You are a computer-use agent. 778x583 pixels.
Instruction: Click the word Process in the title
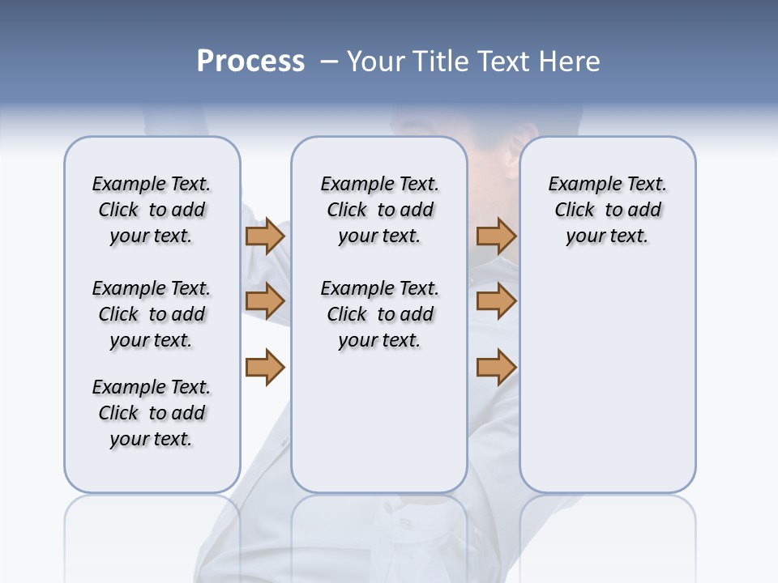250,62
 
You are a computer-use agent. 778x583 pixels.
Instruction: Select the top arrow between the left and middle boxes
265,236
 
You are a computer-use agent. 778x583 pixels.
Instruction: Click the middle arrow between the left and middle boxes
265,301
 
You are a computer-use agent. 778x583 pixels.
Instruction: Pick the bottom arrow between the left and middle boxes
265,368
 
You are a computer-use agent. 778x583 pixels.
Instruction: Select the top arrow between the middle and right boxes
496,236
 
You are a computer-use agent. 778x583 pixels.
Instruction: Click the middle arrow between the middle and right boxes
496,301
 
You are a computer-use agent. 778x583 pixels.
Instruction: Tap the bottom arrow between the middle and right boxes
496,368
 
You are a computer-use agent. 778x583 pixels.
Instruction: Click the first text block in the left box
152,210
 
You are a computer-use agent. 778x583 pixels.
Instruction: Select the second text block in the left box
152,314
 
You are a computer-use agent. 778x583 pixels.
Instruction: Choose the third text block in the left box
152,413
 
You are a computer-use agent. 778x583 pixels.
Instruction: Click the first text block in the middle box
379,210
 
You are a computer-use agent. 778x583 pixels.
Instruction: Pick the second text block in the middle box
379,314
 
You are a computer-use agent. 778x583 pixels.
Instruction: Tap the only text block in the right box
607,210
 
